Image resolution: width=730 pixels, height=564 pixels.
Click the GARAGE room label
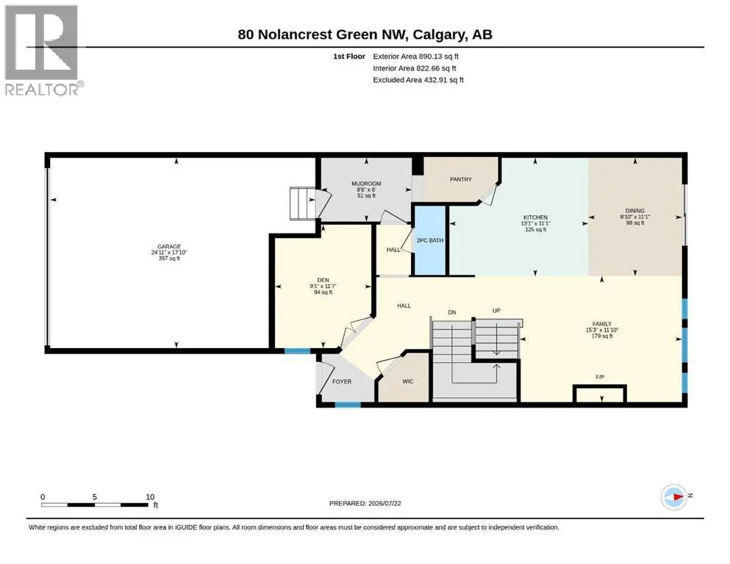169,247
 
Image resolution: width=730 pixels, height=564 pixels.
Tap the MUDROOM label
366,184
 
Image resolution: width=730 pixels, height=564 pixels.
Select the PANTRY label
461,179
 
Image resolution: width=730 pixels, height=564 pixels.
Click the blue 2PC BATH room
430,240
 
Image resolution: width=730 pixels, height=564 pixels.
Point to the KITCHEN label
535,217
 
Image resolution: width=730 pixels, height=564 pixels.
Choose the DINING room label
635,211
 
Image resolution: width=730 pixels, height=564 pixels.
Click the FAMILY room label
602,324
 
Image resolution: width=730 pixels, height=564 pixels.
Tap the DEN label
323,281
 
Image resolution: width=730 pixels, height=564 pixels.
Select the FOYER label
342,381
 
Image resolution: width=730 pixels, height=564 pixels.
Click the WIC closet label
408,381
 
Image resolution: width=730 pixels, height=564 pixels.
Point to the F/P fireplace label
600,377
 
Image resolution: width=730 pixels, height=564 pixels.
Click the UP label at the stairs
496,311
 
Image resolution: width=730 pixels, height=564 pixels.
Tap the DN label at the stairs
452,312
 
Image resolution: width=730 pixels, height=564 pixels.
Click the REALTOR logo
43,50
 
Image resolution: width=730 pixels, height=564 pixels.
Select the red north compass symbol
674,496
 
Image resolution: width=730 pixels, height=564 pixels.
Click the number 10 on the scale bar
150,497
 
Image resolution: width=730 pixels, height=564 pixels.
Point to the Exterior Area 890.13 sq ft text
416,57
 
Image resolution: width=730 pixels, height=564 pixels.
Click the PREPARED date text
365,503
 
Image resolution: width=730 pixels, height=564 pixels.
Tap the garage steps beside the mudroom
303,203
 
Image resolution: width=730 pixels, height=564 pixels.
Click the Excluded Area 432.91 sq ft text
418,80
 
